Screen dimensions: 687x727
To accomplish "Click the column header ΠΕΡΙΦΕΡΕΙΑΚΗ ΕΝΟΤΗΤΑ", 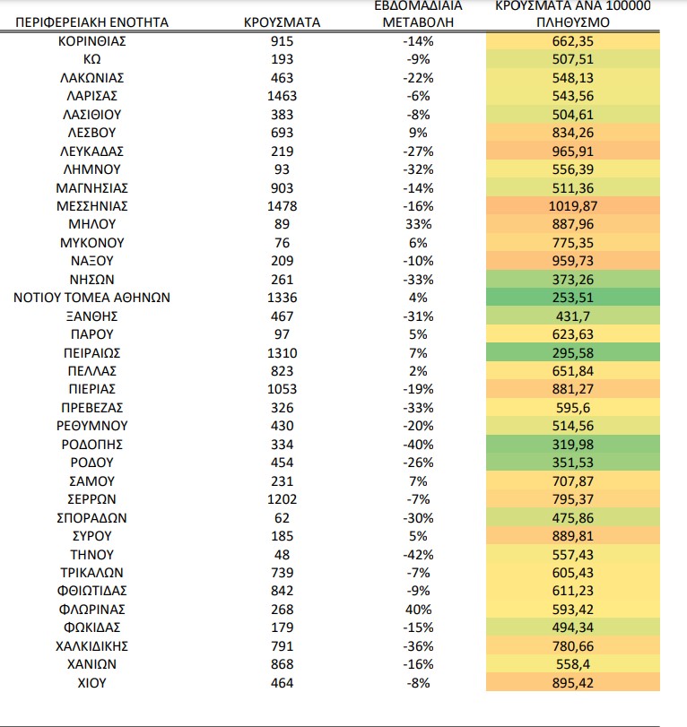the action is click(91, 22).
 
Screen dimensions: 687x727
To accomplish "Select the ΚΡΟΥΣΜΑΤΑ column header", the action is click(282, 22).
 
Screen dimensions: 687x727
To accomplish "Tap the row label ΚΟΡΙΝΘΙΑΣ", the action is click(91, 41).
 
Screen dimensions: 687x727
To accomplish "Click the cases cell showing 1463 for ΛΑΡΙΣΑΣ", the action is click(282, 96).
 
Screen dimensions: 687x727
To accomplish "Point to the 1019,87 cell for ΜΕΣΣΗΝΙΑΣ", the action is click(573, 206).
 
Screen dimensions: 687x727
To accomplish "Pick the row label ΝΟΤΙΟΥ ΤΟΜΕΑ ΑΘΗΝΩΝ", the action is click(91, 298).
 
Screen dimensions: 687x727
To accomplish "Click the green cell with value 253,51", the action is click(573, 298).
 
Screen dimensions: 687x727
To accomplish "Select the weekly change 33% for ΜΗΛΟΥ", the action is click(418, 224).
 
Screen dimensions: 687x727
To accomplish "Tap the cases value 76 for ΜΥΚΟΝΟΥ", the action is click(282, 243).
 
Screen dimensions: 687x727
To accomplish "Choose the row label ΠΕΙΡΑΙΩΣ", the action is click(91, 353).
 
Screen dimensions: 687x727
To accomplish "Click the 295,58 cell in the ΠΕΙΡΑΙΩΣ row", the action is click(573, 353).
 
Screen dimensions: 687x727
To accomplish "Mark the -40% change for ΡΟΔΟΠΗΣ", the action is click(418, 445).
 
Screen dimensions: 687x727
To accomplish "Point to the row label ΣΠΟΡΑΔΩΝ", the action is click(91, 518).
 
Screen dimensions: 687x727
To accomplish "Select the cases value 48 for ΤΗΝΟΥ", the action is click(282, 555).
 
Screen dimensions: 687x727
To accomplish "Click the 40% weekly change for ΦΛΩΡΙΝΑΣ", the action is click(418, 610).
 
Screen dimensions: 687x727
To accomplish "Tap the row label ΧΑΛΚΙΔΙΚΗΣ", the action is click(91, 646).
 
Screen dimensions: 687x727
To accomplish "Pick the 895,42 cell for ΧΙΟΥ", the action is click(573, 682).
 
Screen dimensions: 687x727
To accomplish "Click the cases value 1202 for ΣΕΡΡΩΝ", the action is click(282, 499).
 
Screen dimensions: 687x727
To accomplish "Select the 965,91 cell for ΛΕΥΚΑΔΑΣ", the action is click(573, 151).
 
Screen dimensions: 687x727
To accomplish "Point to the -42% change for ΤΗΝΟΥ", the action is click(418, 555).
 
